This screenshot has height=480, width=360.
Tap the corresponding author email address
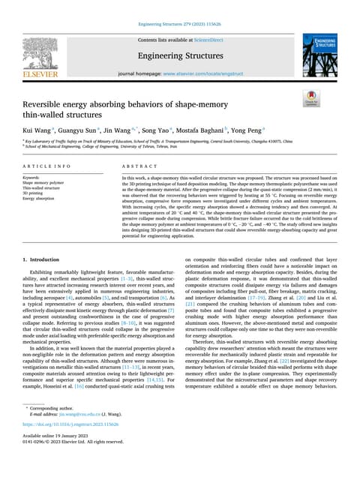(73, 434)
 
